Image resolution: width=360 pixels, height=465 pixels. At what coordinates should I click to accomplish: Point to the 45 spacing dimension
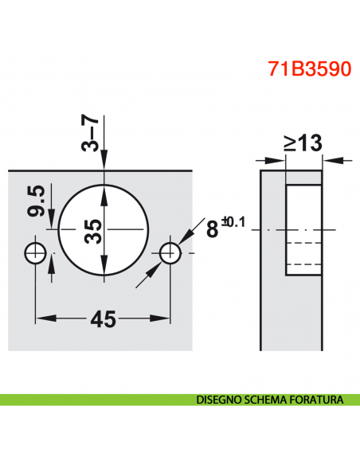tap(102, 319)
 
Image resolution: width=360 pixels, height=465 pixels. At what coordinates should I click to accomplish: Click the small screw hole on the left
tap(36, 253)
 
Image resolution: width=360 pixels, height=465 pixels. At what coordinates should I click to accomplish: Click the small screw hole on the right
tap(170, 253)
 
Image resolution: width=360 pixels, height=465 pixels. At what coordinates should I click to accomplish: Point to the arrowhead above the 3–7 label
tap(104, 162)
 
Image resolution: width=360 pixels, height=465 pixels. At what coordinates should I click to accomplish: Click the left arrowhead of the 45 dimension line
tap(42, 319)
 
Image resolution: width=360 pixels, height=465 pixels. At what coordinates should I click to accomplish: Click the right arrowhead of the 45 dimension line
tap(163, 319)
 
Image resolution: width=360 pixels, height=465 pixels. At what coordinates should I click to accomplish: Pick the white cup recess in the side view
tap(303, 229)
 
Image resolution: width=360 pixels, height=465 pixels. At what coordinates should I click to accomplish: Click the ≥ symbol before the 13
tap(289, 143)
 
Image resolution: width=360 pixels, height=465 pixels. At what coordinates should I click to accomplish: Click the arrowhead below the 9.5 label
tap(51, 225)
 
